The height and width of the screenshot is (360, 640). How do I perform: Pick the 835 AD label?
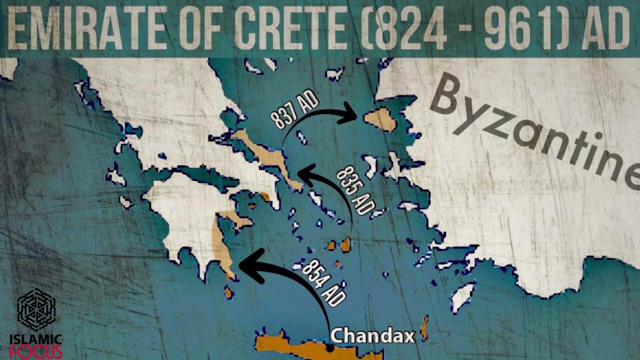coord(355,190)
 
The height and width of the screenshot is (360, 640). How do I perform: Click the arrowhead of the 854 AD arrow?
coord(248,263)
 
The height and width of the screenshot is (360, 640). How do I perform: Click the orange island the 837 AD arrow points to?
coord(380,119)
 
